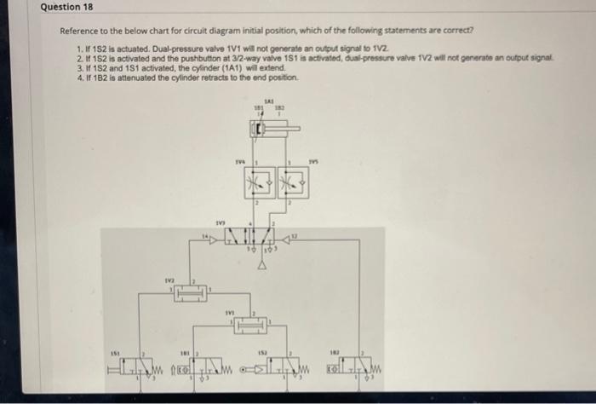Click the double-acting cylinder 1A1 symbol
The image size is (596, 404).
[x=271, y=130]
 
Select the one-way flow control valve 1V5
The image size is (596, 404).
[x=292, y=182]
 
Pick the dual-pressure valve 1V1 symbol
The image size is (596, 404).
[x=249, y=325]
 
